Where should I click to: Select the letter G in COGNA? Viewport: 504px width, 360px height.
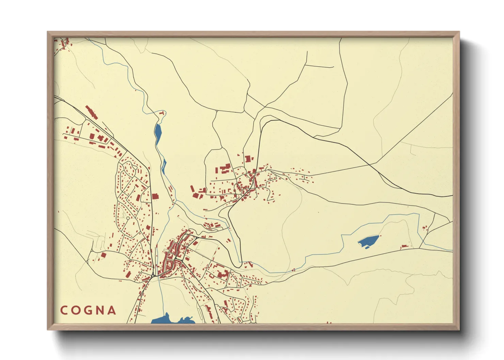point(88,310)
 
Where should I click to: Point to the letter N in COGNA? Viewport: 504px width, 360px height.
point(100,310)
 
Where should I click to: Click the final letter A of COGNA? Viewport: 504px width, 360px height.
point(111,310)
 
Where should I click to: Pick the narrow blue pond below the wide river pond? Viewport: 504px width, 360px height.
point(164,166)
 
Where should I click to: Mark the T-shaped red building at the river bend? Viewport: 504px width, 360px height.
point(163,112)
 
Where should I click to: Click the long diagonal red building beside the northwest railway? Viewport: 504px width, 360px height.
point(91,112)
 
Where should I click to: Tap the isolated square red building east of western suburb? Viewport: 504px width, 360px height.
point(155,196)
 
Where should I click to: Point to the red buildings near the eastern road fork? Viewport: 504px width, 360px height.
point(425,228)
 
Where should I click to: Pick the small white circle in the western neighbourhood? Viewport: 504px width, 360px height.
point(128,218)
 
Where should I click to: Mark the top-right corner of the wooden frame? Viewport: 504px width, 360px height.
point(459,32)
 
